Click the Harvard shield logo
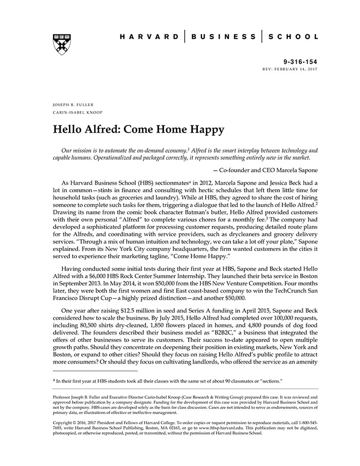(62, 44)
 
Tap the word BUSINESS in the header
(224, 37)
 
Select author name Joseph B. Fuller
(73, 105)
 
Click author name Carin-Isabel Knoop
(77, 113)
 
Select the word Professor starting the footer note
(65, 398)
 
